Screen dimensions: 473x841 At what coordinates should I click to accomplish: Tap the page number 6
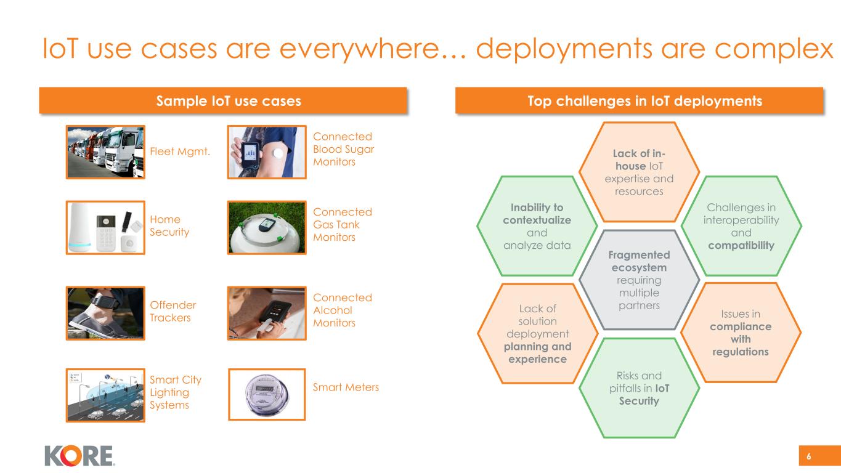click(x=809, y=456)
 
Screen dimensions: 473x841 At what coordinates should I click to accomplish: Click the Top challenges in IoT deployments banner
click(x=639, y=101)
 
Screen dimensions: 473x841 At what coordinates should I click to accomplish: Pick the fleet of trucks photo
click(x=105, y=152)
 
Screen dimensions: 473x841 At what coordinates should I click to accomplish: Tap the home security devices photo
click(x=105, y=227)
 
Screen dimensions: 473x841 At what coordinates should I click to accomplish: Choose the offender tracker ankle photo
click(x=105, y=313)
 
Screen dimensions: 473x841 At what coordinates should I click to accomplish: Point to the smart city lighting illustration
click(x=105, y=395)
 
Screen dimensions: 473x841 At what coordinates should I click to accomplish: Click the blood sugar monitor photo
click(x=267, y=152)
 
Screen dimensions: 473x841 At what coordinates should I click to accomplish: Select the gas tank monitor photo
click(x=267, y=227)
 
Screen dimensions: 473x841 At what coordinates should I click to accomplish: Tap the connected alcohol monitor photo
click(x=267, y=313)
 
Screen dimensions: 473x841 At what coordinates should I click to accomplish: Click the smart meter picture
click(x=267, y=394)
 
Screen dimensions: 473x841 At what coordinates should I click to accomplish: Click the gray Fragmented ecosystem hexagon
click(x=639, y=280)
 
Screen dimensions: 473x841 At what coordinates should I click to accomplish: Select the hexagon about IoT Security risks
click(x=639, y=388)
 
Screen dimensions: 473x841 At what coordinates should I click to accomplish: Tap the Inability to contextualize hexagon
click(x=537, y=227)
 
